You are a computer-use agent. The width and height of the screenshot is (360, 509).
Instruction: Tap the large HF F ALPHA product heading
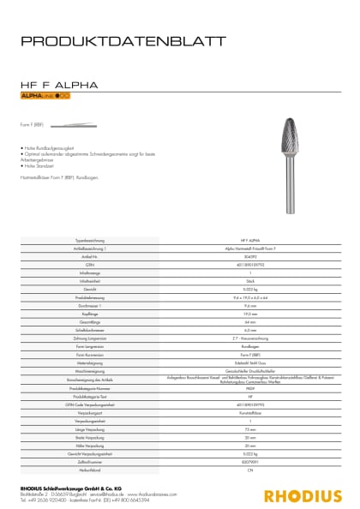[x=59, y=86]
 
